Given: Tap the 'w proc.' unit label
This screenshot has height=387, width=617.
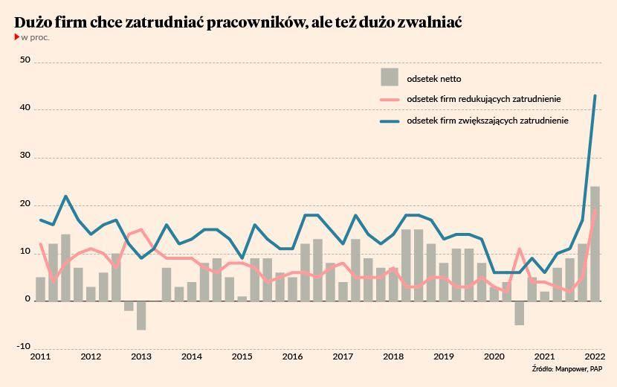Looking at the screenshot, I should point(35,37).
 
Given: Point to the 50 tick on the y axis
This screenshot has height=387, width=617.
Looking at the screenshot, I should point(25,60).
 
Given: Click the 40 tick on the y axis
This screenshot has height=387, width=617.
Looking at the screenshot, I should point(25,109).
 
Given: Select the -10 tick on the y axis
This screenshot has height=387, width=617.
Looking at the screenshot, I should point(23,347).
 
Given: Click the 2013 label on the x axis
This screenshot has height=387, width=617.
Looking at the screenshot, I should point(141,356).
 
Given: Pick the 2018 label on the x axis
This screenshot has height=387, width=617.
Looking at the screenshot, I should point(393,356).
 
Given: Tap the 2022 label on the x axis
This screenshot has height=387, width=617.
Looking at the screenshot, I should point(595,356).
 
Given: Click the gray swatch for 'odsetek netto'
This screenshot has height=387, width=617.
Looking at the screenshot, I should point(390,77).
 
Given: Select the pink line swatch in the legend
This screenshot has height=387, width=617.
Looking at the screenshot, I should point(390,100).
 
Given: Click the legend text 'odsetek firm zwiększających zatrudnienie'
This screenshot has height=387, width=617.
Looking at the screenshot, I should point(488,121).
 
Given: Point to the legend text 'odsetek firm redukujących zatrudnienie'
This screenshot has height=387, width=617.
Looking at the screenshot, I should point(484,99).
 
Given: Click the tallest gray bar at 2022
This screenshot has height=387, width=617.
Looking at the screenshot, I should point(595,243).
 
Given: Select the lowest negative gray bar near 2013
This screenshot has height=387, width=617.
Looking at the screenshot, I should point(141,315).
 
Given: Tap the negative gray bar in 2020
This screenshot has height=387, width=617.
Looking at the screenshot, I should point(520,313).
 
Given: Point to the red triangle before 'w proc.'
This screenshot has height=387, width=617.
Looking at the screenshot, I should point(16,36).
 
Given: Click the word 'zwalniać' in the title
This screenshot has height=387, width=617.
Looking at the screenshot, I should point(430,22).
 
